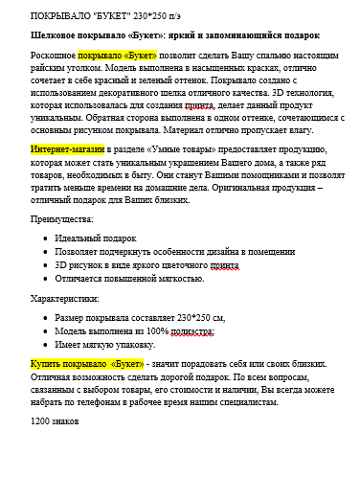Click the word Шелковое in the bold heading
point(56,35)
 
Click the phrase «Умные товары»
point(191,151)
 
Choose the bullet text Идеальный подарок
point(96,237)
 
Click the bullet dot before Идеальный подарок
point(43,238)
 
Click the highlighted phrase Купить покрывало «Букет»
point(86,364)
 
